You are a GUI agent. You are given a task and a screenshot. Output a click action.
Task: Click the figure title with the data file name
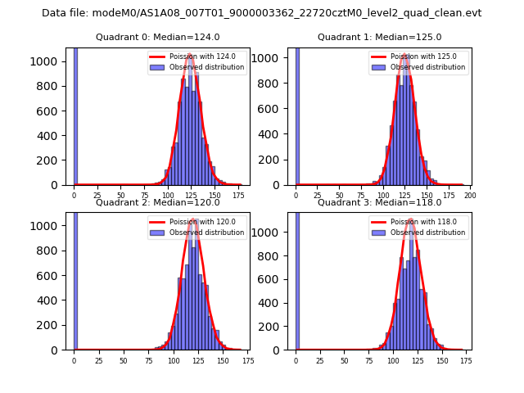261,13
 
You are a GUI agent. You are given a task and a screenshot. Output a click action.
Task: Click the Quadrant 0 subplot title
157,37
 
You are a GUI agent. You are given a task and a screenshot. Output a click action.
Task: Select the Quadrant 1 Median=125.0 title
379,37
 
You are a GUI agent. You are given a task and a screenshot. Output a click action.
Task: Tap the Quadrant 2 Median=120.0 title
157,202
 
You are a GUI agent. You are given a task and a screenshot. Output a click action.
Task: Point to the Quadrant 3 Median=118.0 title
379,202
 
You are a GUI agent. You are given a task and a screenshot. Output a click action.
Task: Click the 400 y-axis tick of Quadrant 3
277,303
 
